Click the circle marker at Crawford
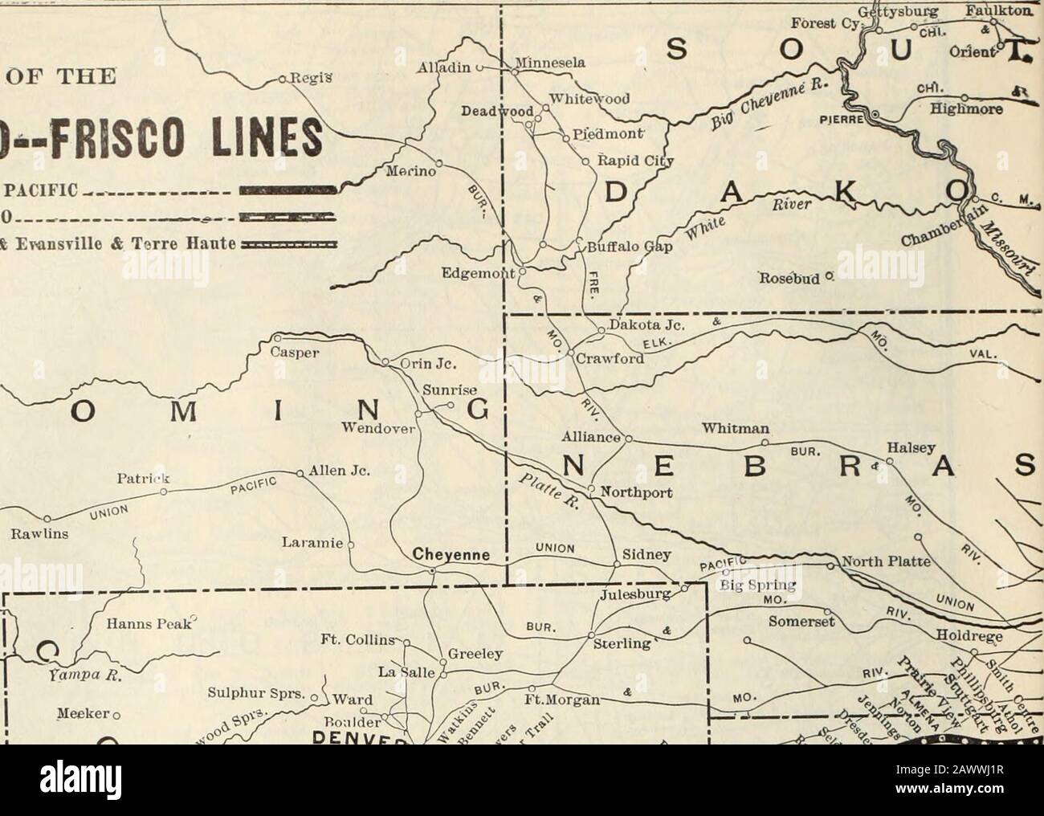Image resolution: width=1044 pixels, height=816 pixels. click(x=572, y=353)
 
